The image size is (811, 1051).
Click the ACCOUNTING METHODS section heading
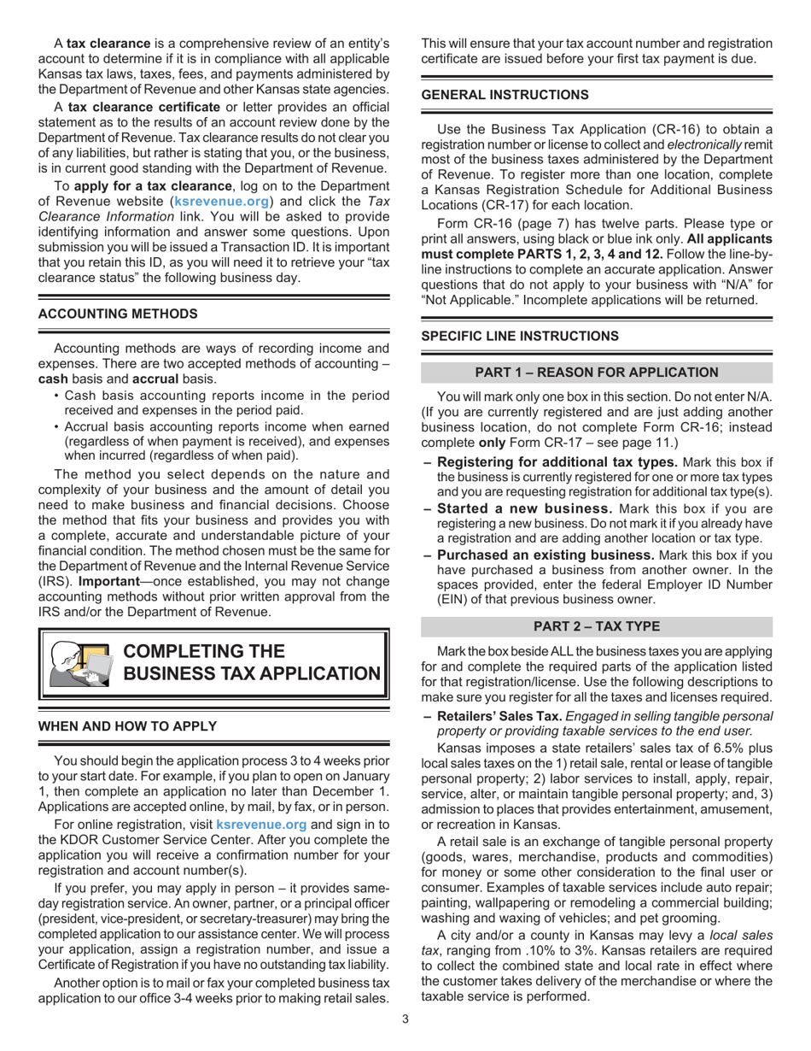click(x=118, y=314)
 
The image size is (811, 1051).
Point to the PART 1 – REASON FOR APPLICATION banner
click(x=597, y=372)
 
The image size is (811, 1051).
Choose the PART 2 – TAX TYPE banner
click(x=597, y=626)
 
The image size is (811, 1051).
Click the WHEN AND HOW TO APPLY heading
click(x=127, y=725)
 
